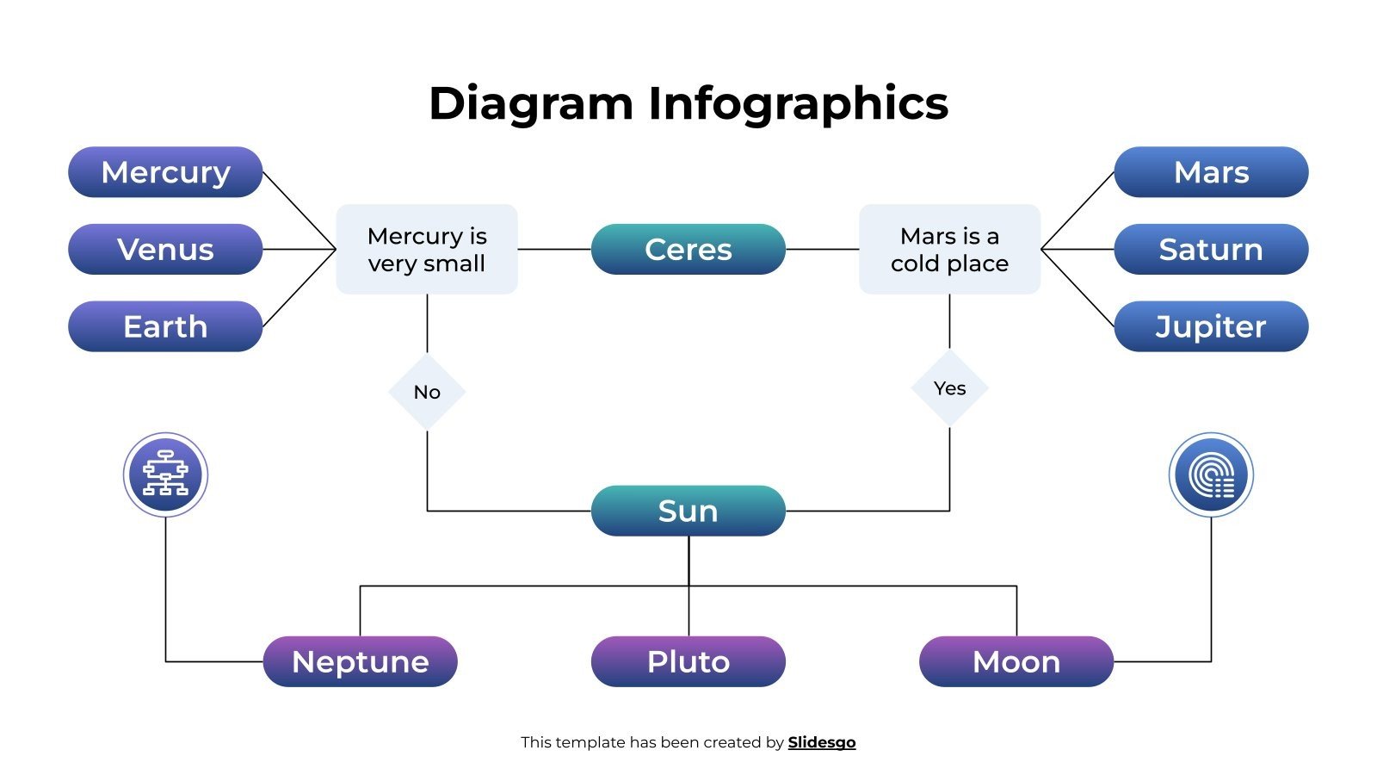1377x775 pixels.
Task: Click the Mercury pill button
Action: (165, 172)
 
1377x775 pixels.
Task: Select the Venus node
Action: (165, 250)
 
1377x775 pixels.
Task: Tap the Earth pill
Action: (165, 326)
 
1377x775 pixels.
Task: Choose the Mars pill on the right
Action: (1211, 172)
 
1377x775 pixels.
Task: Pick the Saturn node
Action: (1211, 250)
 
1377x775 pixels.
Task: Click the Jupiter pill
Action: (1211, 326)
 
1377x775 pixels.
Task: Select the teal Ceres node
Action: (688, 250)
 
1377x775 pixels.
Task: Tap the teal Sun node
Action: (688, 511)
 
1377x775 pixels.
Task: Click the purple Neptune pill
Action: (360, 661)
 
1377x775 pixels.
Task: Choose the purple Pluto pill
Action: (688, 661)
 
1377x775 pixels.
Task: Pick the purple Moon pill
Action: (1016, 661)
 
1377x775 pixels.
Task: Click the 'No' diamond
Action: (427, 392)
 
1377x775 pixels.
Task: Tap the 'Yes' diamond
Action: (949, 388)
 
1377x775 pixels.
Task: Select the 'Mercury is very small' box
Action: (427, 250)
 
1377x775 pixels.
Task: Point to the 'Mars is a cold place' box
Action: (949, 250)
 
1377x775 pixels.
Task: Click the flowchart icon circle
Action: (165, 474)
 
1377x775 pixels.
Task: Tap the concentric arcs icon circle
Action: (1211, 474)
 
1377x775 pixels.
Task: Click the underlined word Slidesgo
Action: (821, 742)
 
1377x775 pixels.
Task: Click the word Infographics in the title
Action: (798, 103)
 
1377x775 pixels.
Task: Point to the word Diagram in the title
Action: (531, 103)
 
